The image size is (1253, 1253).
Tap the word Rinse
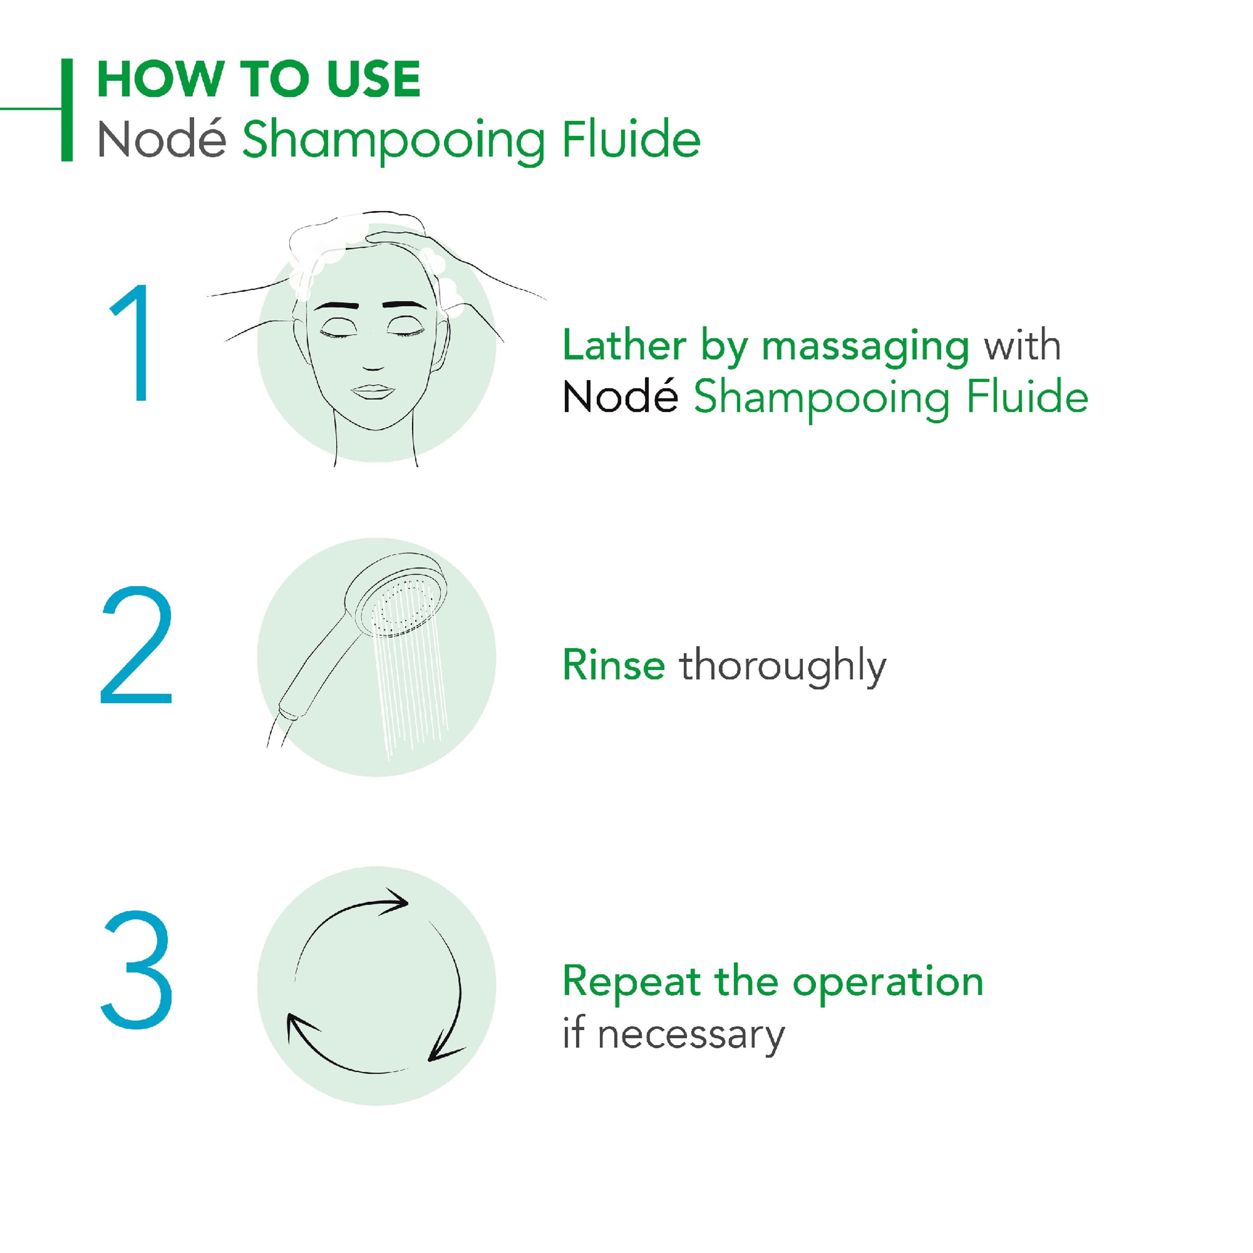(x=614, y=665)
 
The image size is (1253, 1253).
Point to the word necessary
(x=691, y=1036)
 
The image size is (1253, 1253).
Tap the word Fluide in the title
(x=631, y=139)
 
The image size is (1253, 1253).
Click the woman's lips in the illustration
(x=372, y=392)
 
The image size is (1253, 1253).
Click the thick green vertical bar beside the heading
(x=67, y=109)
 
